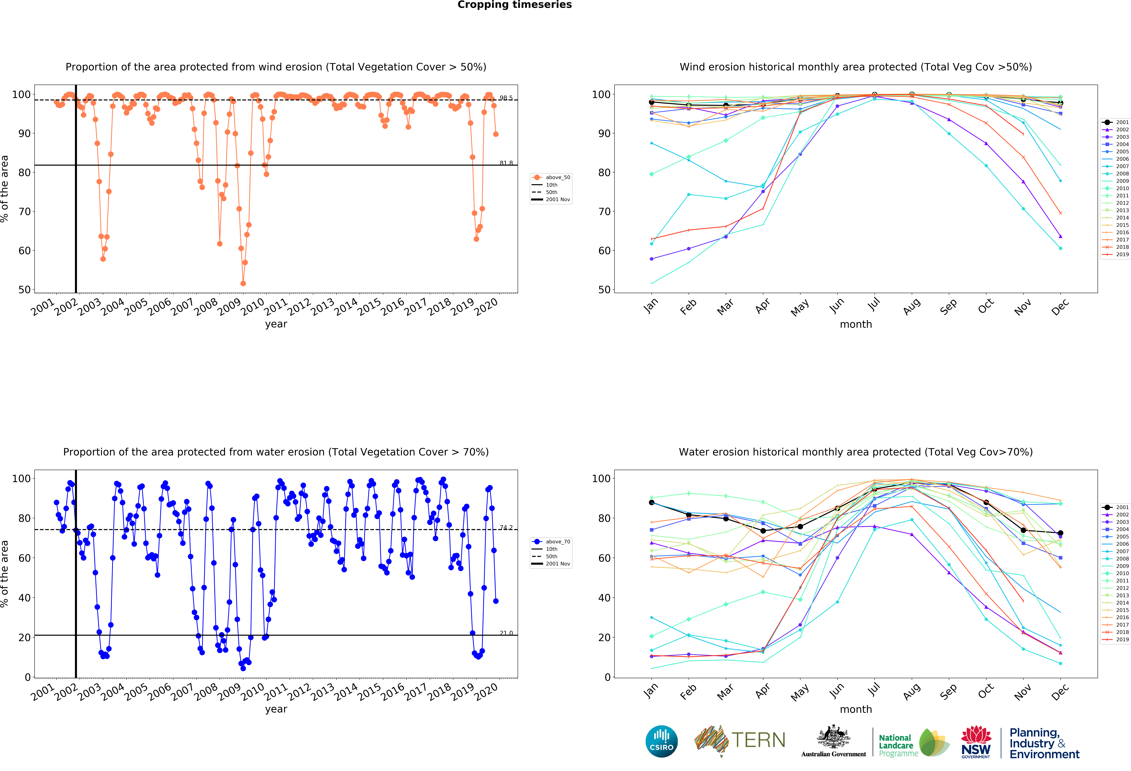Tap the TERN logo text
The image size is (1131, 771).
coord(758,740)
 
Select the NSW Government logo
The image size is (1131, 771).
coord(976,742)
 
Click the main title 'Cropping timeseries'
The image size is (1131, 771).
coord(514,5)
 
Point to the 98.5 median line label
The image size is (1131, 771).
coord(506,98)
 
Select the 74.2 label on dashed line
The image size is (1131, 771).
coord(506,528)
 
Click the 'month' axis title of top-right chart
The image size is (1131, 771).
coord(856,324)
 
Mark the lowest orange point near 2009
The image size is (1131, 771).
coord(243,283)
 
